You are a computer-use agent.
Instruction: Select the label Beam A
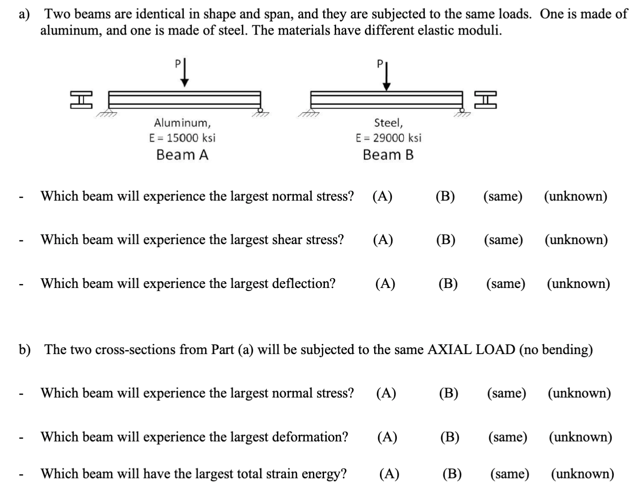click(x=182, y=155)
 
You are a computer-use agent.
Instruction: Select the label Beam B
click(x=388, y=155)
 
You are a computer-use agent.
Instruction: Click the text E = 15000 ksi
click(x=182, y=138)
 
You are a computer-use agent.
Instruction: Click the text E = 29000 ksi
click(x=388, y=138)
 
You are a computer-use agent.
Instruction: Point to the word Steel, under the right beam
click(x=388, y=122)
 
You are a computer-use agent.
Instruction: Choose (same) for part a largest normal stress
click(x=503, y=196)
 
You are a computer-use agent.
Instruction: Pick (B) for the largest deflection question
click(x=448, y=284)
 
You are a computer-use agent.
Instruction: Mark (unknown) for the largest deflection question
click(x=578, y=284)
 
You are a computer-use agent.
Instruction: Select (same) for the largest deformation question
click(x=508, y=437)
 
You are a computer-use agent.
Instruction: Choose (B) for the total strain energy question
click(x=452, y=474)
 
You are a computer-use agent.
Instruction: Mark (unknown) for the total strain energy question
click(x=582, y=474)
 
